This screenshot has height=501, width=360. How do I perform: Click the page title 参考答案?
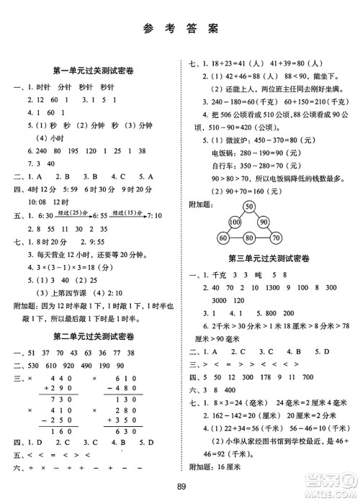[x=179, y=29]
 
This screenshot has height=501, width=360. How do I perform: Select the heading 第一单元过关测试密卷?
[x=89, y=71]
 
